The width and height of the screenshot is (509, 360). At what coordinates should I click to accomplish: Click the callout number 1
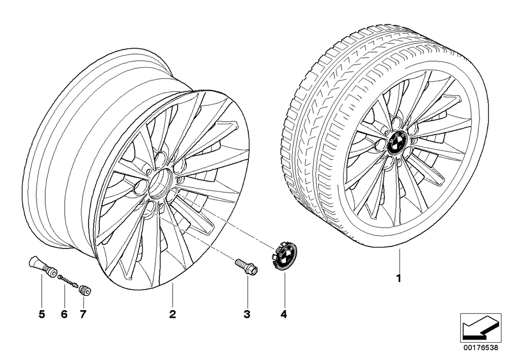pos(399,279)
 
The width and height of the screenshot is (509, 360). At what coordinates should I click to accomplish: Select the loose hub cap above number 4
pos(280,255)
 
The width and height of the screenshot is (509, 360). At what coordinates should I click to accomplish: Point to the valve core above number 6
pos(67,281)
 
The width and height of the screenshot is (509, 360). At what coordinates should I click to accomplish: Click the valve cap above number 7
pos(84,290)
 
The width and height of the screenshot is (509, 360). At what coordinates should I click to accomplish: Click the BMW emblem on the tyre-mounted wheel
pos(398,143)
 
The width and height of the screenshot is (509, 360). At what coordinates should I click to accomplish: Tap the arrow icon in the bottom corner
pos(481,327)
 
